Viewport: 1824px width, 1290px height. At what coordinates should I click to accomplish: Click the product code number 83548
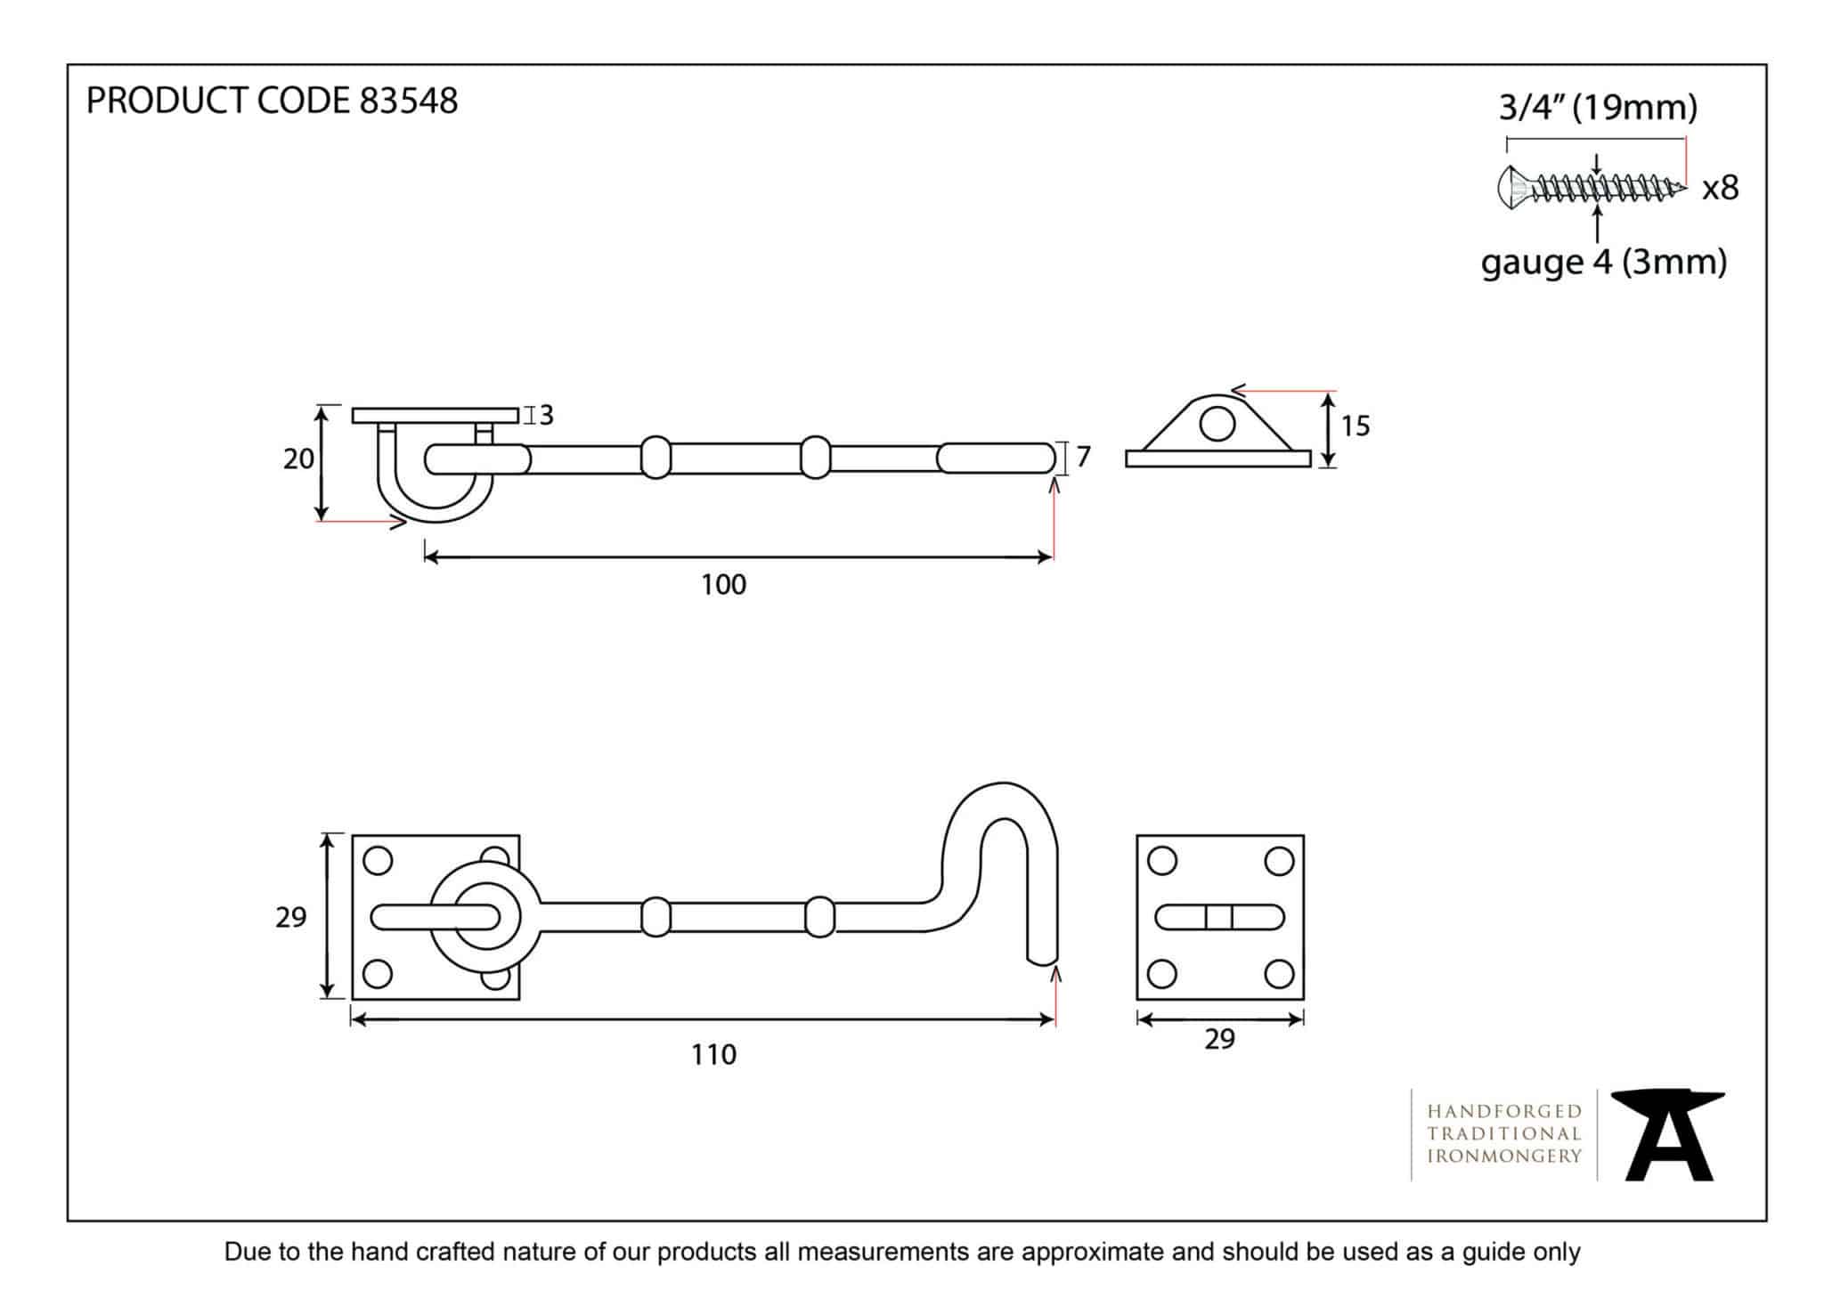[x=408, y=101]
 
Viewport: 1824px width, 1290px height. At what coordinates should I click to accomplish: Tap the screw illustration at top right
[x=1591, y=187]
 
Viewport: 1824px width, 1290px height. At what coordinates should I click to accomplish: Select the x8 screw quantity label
[x=1720, y=188]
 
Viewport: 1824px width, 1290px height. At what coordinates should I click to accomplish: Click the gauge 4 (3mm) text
[x=1603, y=263]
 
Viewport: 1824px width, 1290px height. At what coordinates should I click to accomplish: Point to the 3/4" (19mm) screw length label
[x=1598, y=108]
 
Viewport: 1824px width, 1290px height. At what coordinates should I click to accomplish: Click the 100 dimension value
[x=723, y=585]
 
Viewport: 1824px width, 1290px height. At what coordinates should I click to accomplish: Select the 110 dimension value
[x=713, y=1055]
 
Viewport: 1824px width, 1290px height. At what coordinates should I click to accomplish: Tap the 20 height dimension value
[x=298, y=459]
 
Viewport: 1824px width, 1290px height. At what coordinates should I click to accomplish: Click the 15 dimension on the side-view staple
[x=1355, y=426]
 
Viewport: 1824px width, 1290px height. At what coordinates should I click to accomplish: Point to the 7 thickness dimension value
[x=1083, y=457]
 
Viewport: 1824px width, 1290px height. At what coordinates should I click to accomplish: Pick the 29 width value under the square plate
[x=1219, y=1039]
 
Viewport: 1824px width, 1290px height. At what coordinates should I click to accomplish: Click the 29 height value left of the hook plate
[x=290, y=917]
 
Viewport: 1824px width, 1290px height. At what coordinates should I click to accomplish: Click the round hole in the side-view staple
[x=1217, y=425]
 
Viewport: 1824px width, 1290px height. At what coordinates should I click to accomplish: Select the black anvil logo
[x=1666, y=1134]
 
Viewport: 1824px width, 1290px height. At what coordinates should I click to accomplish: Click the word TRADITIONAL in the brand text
[x=1504, y=1134]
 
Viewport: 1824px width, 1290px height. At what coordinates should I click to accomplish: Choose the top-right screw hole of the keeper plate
[x=1278, y=861]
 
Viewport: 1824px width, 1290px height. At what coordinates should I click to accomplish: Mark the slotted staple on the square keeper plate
[x=1219, y=917]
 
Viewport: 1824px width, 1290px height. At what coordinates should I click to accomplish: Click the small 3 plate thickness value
[x=546, y=415]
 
